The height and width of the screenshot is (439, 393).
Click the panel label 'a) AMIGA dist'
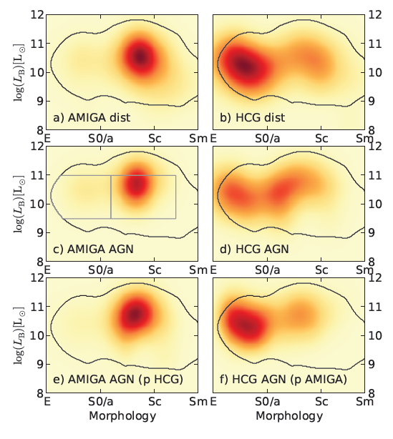92,117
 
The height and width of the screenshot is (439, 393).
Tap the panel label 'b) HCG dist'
252,117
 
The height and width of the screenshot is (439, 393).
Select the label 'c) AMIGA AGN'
93,249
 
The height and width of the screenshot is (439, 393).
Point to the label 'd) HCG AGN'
254,249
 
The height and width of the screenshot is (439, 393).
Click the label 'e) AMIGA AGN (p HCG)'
118,380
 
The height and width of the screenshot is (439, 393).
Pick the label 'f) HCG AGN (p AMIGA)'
283,380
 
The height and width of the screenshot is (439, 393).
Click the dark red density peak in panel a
140,57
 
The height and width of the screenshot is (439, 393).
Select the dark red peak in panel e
135,314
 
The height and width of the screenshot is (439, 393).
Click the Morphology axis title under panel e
122,416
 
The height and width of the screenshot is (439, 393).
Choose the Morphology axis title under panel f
289,416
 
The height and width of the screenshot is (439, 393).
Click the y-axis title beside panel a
19,72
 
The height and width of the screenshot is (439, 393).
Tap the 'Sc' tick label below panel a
155,138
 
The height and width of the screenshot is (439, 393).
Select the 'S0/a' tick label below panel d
268,270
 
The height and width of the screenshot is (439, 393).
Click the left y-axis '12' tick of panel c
37,147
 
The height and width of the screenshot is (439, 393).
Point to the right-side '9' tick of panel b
371,101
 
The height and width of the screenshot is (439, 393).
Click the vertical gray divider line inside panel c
111,197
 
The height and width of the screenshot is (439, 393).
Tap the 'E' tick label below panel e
47,402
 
